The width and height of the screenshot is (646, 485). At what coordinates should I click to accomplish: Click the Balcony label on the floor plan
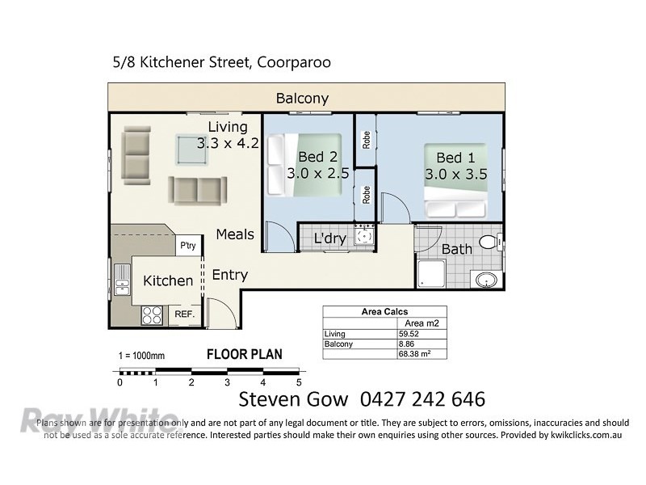[302, 99]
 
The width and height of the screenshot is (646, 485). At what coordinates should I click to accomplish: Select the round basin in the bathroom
[486, 280]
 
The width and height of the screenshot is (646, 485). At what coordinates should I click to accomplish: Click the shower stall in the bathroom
[431, 273]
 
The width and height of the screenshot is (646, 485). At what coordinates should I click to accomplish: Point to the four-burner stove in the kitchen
[152, 315]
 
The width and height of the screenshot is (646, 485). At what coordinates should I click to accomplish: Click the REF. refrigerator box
[185, 314]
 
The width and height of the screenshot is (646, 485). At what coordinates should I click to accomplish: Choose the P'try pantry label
[188, 246]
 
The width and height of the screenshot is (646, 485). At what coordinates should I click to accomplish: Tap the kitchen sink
[122, 279]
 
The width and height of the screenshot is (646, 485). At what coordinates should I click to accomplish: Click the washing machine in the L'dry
[364, 236]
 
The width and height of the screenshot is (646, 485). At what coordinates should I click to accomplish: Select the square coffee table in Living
[192, 150]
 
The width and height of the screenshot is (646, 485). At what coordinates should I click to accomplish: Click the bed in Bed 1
[455, 180]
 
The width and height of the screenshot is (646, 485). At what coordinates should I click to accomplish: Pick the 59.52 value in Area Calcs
[409, 334]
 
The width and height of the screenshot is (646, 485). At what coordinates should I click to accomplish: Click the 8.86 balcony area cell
[406, 344]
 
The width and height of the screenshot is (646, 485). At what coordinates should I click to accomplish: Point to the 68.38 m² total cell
[414, 354]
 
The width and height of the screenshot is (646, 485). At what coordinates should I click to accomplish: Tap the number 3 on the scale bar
[227, 382]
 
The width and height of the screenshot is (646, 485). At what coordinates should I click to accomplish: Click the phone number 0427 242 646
[422, 399]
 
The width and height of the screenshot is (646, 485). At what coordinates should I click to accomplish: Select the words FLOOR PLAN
[245, 354]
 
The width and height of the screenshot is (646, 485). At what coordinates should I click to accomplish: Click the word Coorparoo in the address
[294, 63]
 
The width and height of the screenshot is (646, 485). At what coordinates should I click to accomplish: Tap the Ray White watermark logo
[98, 420]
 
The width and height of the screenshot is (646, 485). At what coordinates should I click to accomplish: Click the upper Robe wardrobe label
[367, 140]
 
